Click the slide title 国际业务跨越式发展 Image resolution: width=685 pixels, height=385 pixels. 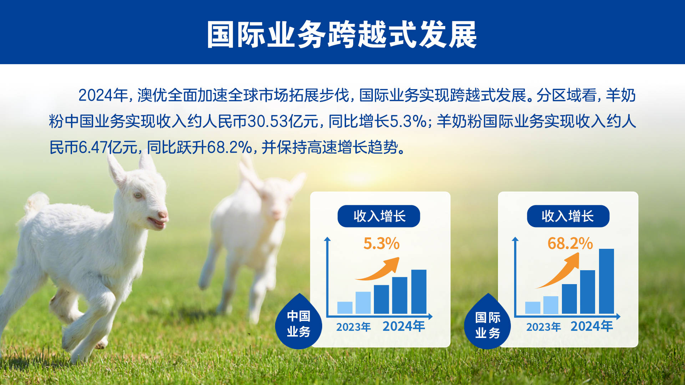coord(342,35)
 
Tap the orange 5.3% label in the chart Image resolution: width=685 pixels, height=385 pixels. coord(381,244)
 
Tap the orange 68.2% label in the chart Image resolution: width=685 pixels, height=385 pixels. coord(570,244)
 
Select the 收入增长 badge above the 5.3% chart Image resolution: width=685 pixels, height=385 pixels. coord(379,216)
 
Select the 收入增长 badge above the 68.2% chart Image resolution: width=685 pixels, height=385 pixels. coord(568,216)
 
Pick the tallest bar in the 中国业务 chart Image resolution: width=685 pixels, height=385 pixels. coord(418,292)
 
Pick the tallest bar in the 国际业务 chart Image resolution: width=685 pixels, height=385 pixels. coord(606,281)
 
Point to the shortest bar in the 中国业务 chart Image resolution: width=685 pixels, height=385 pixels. coord(345,308)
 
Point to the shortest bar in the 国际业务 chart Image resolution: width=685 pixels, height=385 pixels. coord(532,308)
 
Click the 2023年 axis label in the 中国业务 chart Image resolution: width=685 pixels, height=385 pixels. coord(353,327)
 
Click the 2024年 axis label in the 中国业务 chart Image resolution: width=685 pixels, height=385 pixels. coord(404,326)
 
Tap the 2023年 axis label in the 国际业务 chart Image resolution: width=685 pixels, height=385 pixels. coord(543,327)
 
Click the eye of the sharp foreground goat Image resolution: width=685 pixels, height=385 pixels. coord(138,195)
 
